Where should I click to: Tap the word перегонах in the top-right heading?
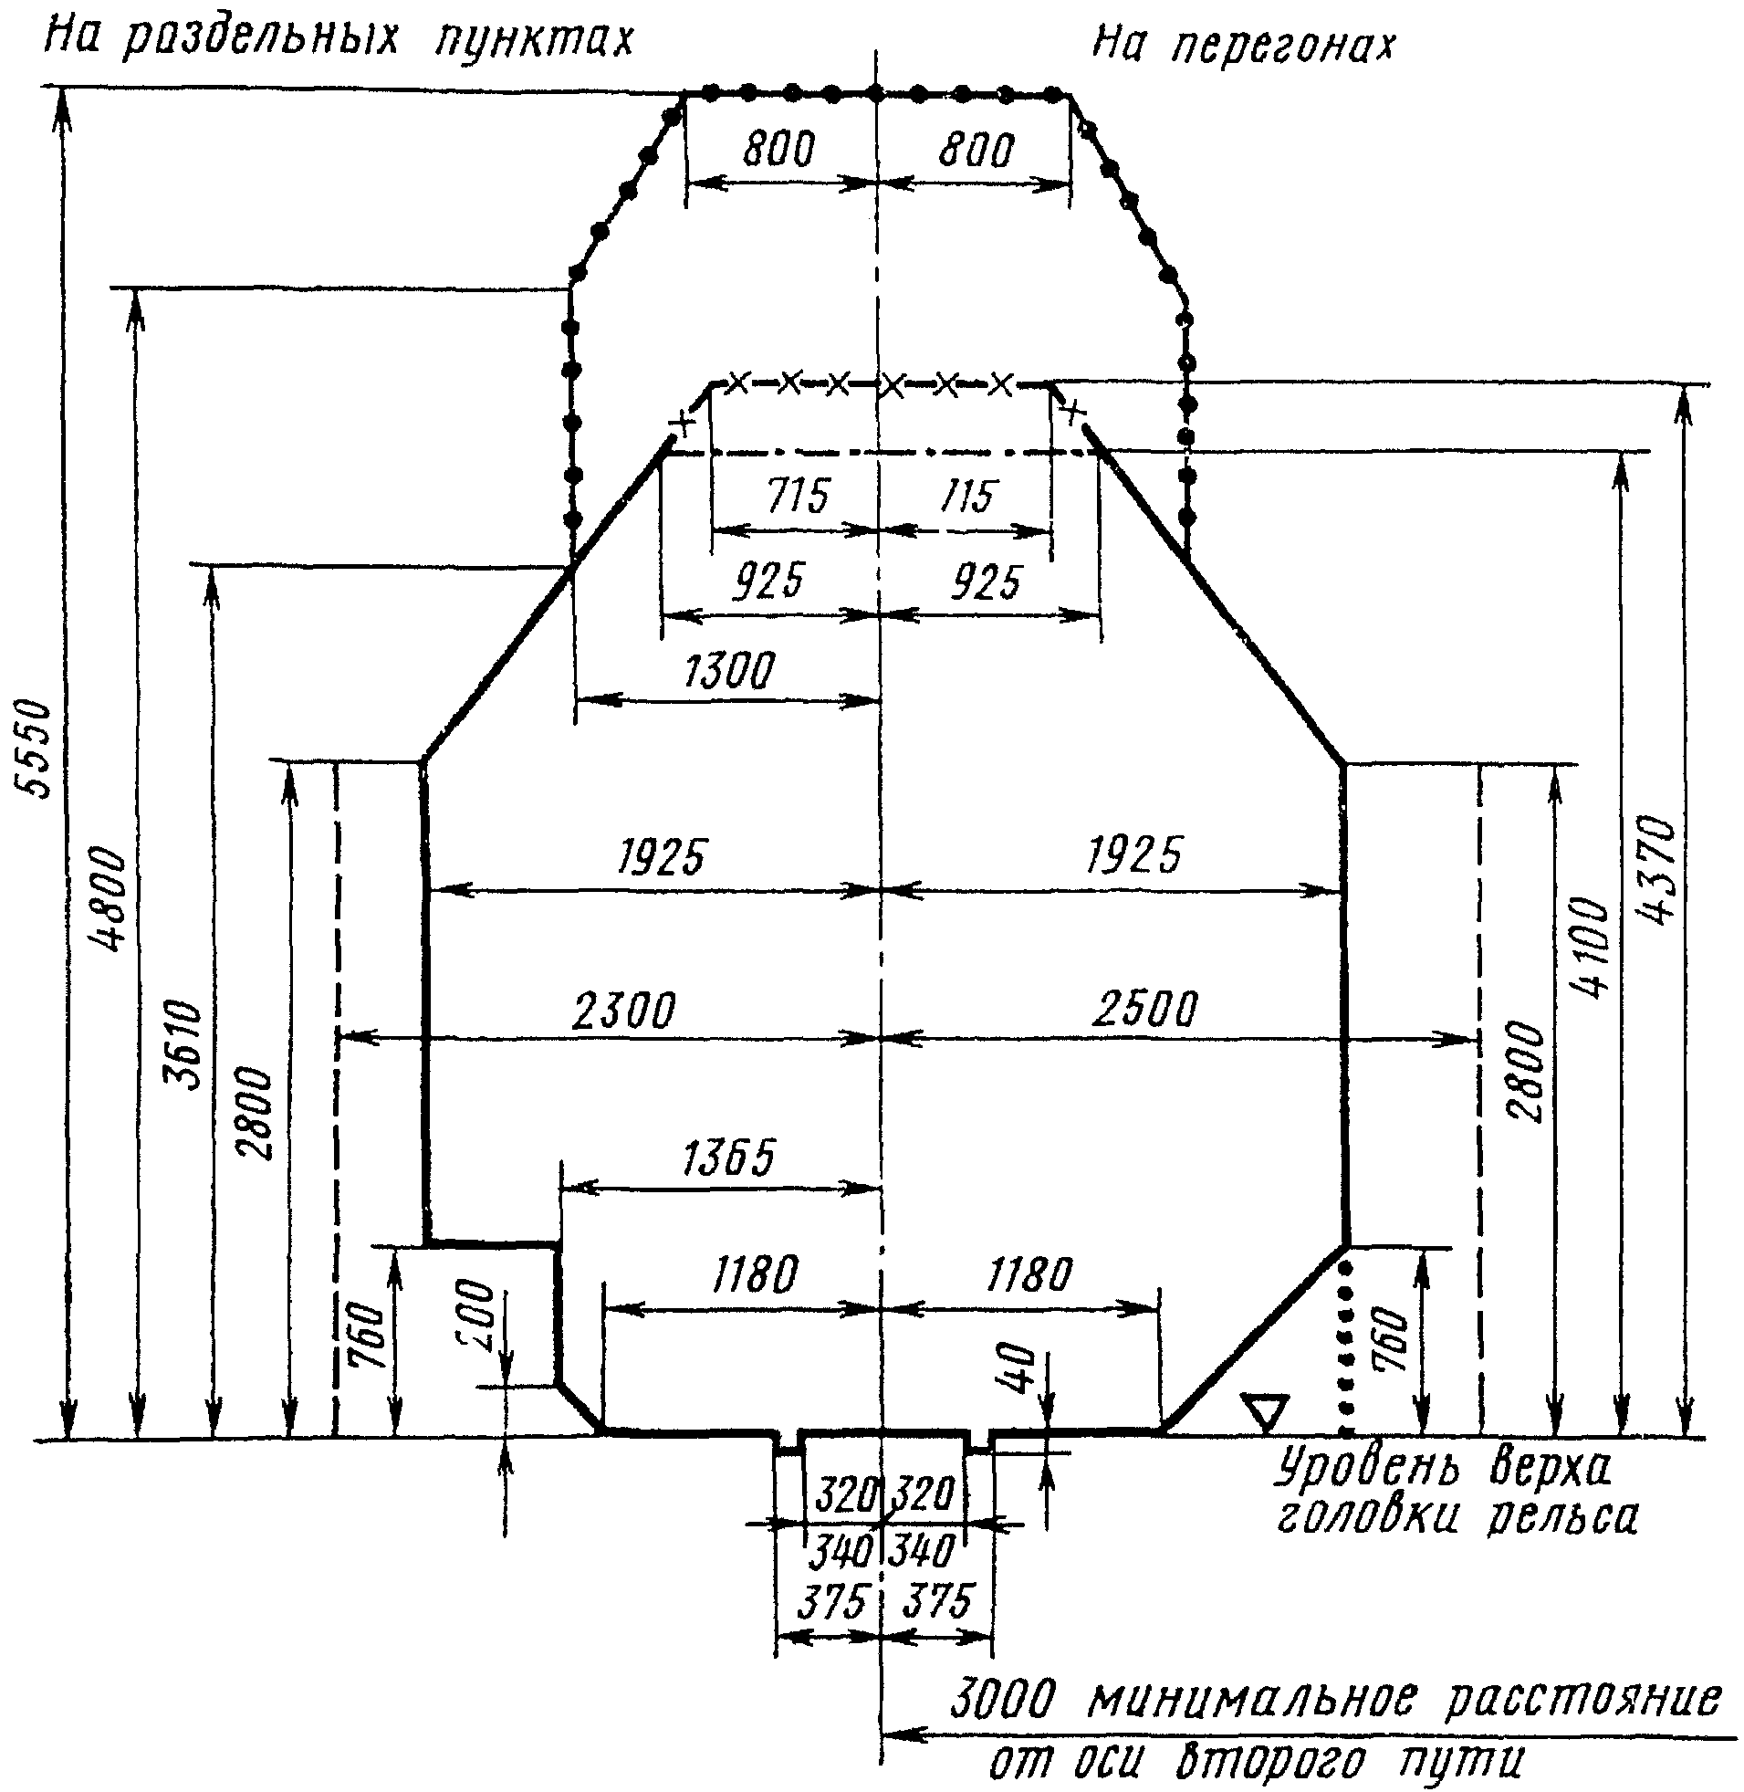click(x=1281, y=46)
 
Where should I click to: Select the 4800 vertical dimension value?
click(x=111, y=902)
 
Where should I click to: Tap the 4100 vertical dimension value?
click(x=1589, y=948)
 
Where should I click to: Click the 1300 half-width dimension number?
click(x=729, y=671)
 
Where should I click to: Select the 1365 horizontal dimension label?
click(x=729, y=1158)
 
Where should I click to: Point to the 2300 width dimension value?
click(x=622, y=1011)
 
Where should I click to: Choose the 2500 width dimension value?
click(x=1144, y=1009)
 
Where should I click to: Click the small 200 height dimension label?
click(x=477, y=1320)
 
